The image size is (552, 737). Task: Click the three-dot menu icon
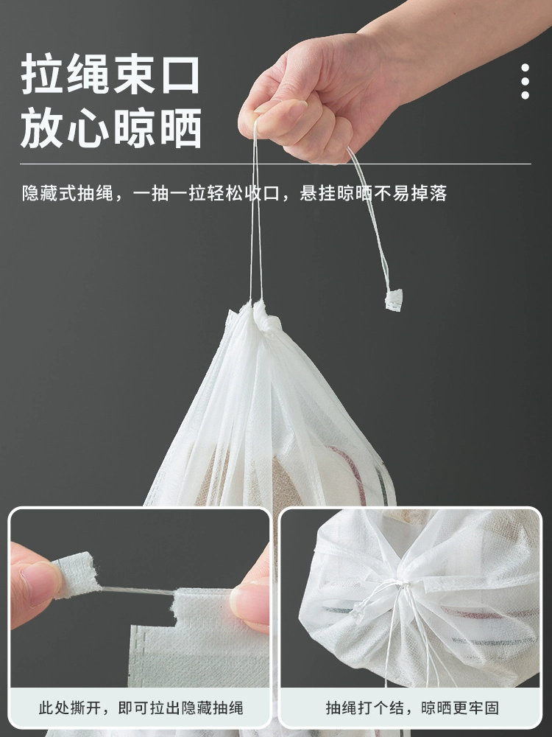coord(526,81)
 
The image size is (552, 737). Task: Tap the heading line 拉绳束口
coord(111,74)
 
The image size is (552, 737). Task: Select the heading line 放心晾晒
coord(111,128)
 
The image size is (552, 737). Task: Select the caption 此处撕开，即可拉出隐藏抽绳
coord(141,708)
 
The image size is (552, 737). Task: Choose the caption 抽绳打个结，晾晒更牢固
coord(412,708)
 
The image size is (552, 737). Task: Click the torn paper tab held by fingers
coord(75,575)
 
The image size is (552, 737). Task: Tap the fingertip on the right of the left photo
coord(250,604)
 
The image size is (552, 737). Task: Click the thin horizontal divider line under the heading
coord(275,164)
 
